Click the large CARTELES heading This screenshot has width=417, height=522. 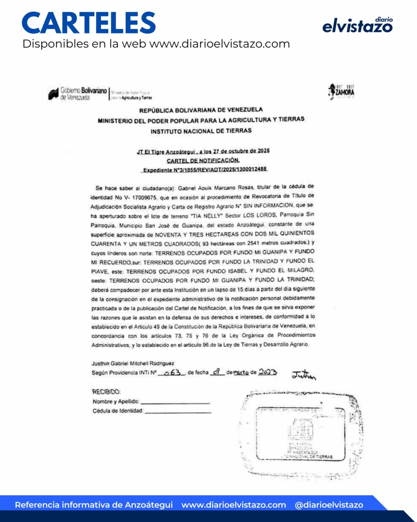click(x=89, y=23)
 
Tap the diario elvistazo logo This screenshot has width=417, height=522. click(x=357, y=25)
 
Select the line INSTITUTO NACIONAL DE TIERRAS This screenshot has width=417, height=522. click(x=201, y=131)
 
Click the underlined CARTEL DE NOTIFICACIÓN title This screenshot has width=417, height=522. click(x=203, y=160)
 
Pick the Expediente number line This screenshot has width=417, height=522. click(x=205, y=169)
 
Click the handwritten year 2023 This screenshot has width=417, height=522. click(x=267, y=372)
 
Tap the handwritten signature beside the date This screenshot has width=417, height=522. click(x=303, y=375)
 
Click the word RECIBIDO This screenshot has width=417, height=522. click(x=106, y=392)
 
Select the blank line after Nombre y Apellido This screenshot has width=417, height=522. click(x=175, y=403)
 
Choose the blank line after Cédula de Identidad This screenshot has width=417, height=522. click(x=178, y=412)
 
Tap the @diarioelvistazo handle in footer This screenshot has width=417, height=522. click(x=329, y=505)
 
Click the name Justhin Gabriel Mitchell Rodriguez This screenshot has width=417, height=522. click(x=133, y=363)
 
